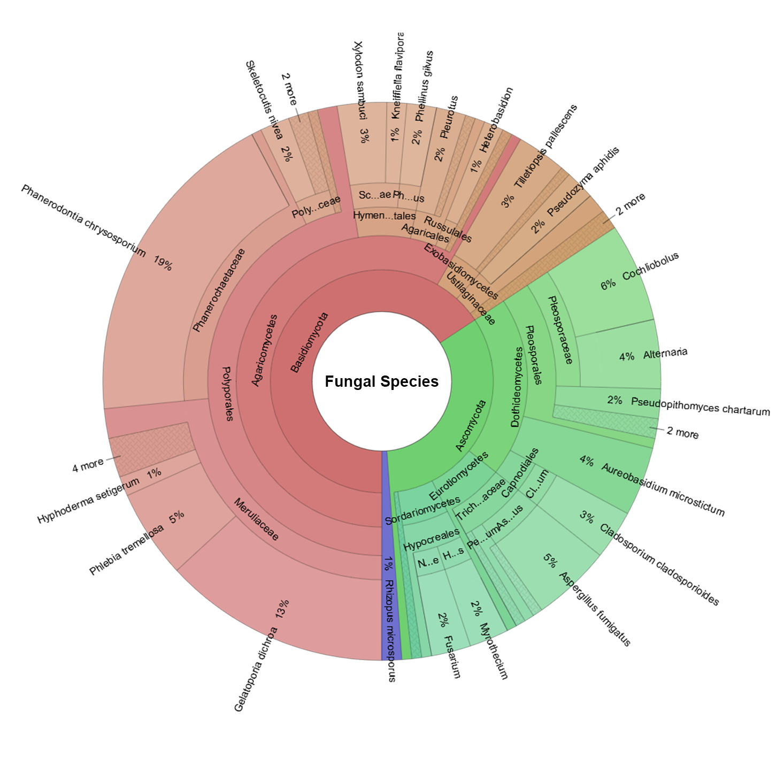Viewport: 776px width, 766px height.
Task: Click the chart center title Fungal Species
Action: (381, 381)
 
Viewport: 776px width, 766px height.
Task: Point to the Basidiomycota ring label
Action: (309, 342)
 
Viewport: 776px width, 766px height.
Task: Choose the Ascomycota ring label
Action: (471, 425)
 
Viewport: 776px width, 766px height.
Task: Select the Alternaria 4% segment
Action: (620, 356)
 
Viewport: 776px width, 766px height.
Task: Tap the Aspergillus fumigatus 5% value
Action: (549, 560)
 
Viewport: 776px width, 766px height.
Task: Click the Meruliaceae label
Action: (256, 519)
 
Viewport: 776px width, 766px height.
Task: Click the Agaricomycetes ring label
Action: (265, 350)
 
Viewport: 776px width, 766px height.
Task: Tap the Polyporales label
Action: (227, 393)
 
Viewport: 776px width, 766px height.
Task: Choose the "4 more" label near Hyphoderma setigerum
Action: (88, 465)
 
